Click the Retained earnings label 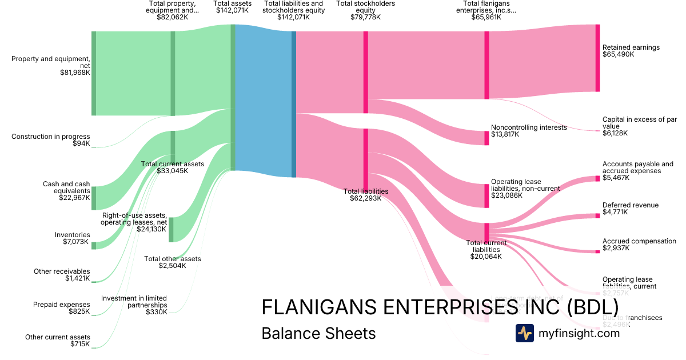[x=631, y=47]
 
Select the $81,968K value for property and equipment [x=75, y=73]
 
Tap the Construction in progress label [x=50, y=137]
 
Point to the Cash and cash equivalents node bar [x=94, y=198]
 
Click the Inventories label [x=73, y=235]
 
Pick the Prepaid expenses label [x=61, y=305]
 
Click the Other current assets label [x=57, y=337]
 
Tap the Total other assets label [x=172, y=259]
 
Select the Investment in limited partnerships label [x=134, y=302]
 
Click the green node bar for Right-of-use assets [x=171, y=229]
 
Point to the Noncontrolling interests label [x=529, y=127]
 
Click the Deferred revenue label [x=630, y=205]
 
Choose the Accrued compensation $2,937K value [x=616, y=248]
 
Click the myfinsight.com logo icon [x=524, y=333]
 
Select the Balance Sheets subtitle [x=318, y=333]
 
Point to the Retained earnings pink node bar [x=597, y=58]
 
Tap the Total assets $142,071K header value [x=232, y=17]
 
